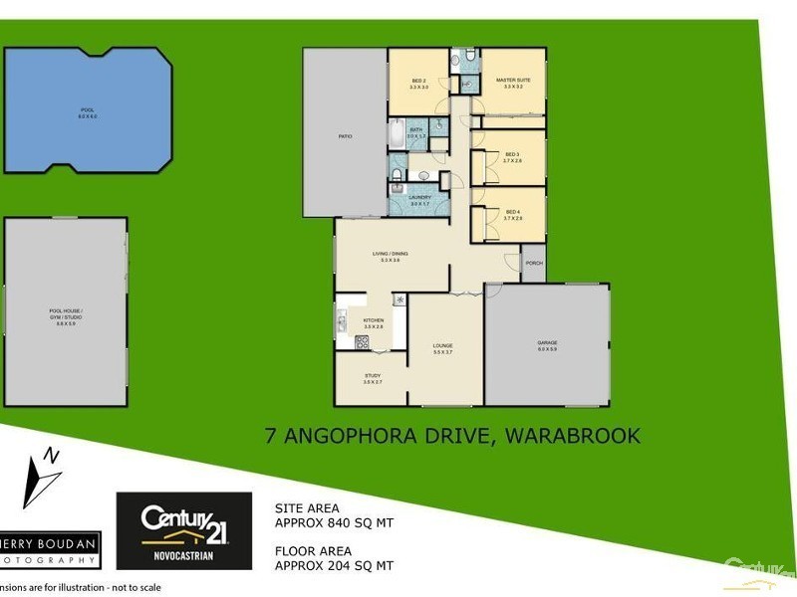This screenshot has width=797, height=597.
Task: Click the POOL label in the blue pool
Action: (88, 110)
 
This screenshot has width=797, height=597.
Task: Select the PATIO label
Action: (345, 136)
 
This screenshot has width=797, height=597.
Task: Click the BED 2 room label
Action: (418, 83)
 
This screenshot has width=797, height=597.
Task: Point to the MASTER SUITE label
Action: (513, 83)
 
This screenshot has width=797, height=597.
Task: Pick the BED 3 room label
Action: (512, 156)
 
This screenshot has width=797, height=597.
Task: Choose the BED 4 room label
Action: (512, 213)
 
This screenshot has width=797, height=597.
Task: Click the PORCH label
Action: (533, 264)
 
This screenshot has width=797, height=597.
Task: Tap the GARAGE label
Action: (548, 345)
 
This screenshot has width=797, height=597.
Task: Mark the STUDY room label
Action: (373, 377)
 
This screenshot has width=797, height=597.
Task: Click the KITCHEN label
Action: (374, 321)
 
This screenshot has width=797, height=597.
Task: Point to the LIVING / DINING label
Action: (391, 255)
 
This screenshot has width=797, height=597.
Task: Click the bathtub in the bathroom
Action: (396, 132)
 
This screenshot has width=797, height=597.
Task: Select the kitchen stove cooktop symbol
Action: (362, 341)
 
